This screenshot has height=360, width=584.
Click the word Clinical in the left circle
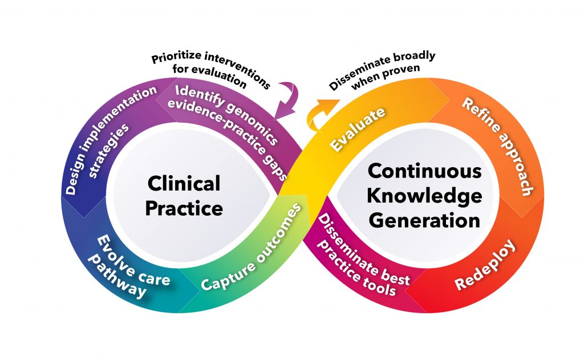(x=183, y=184)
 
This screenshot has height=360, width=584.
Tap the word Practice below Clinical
(x=184, y=208)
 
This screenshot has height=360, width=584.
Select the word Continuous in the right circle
(x=424, y=171)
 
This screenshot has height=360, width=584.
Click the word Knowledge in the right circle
(x=424, y=195)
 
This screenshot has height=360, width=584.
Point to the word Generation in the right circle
(x=424, y=220)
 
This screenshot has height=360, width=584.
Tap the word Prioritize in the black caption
(x=175, y=59)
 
